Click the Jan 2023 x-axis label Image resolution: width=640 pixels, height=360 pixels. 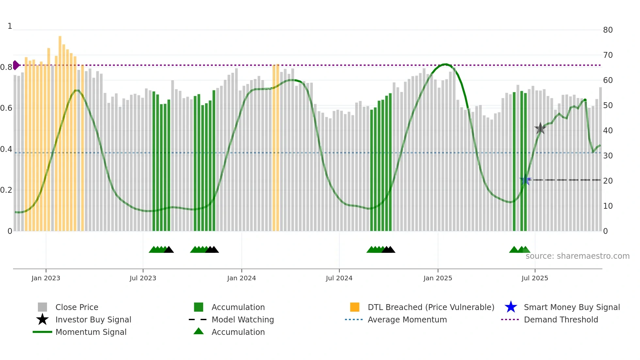46,278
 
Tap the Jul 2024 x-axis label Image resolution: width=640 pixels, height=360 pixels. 339,278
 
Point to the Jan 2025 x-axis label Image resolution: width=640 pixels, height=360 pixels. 438,278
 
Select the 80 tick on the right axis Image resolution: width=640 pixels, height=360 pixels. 608,30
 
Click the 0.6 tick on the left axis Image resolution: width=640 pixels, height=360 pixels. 6,108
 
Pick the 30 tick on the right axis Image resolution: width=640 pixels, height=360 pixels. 608,156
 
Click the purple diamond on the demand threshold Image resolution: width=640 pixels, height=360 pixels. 16,65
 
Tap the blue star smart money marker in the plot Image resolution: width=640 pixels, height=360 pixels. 525,180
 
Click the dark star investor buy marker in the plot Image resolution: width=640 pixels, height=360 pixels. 540,128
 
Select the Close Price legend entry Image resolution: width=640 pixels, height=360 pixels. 76,307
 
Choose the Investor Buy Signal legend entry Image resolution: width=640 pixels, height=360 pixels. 93,319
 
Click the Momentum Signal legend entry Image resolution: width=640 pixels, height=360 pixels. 91,332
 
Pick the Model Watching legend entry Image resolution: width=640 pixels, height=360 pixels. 243,319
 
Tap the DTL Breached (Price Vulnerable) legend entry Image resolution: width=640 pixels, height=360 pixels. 431,307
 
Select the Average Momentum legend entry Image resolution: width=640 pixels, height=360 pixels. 407,319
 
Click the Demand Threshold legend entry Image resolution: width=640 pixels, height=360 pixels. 561,319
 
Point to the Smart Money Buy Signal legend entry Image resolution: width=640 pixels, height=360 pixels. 571,307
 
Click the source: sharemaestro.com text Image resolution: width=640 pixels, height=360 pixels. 577,256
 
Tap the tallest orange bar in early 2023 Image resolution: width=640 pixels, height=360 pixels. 60,131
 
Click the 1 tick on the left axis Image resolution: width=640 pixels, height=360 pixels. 10,26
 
